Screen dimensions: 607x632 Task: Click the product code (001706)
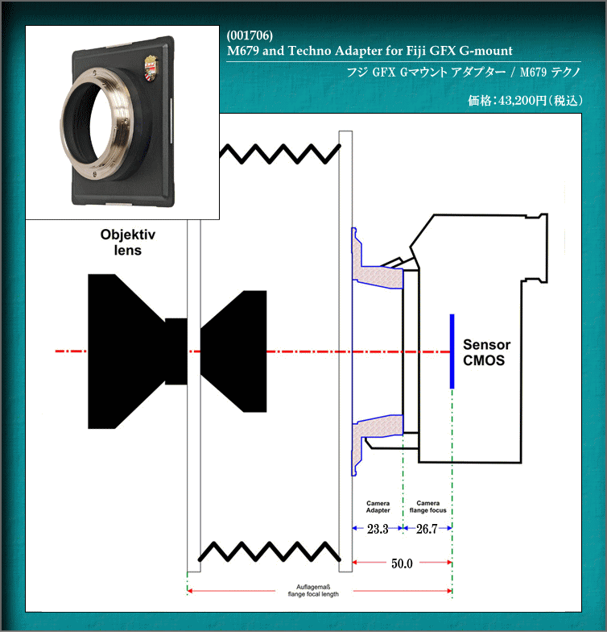250,35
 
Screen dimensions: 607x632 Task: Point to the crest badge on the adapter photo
151,66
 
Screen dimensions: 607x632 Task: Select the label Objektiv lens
127,242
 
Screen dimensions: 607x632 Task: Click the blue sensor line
452,351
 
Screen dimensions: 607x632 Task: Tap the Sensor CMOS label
486,352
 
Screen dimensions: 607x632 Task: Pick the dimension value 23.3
378,529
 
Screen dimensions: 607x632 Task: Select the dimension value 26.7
427,529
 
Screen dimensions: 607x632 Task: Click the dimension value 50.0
402,563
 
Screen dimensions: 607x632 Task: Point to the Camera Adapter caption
378,506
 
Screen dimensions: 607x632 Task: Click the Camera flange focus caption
428,506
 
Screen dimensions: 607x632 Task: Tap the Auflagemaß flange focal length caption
313,590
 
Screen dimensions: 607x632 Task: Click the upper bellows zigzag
280,154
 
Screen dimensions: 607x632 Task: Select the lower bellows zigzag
269,551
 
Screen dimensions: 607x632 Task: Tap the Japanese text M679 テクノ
550,73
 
